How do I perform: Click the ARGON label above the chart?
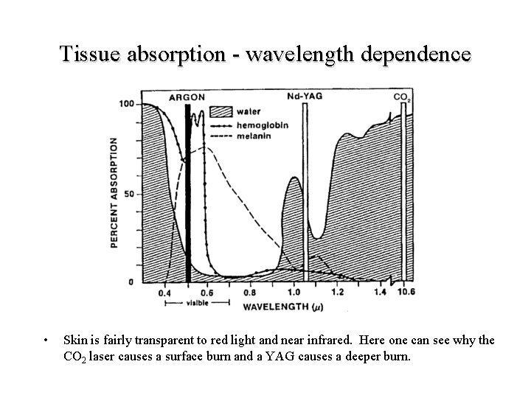[x=187, y=97]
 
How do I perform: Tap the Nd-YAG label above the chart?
[x=302, y=97]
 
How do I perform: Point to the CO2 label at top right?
[x=402, y=97]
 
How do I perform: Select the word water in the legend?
[x=247, y=112]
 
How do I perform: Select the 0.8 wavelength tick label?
[x=251, y=293]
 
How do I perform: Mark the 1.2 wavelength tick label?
[x=338, y=293]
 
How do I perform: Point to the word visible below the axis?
[x=196, y=302]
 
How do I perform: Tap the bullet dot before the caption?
[x=46, y=341]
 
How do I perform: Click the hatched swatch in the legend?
[x=221, y=112]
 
